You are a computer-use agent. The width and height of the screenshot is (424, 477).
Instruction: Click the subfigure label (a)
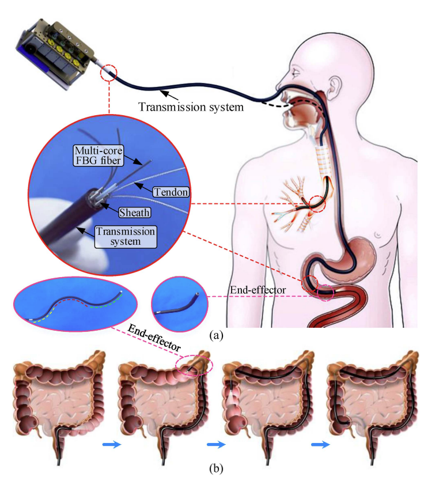pyautogui.click(x=215, y=334)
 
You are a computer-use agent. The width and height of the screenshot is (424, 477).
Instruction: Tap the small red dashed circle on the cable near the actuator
pyautogui.click(x=109, y=73)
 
